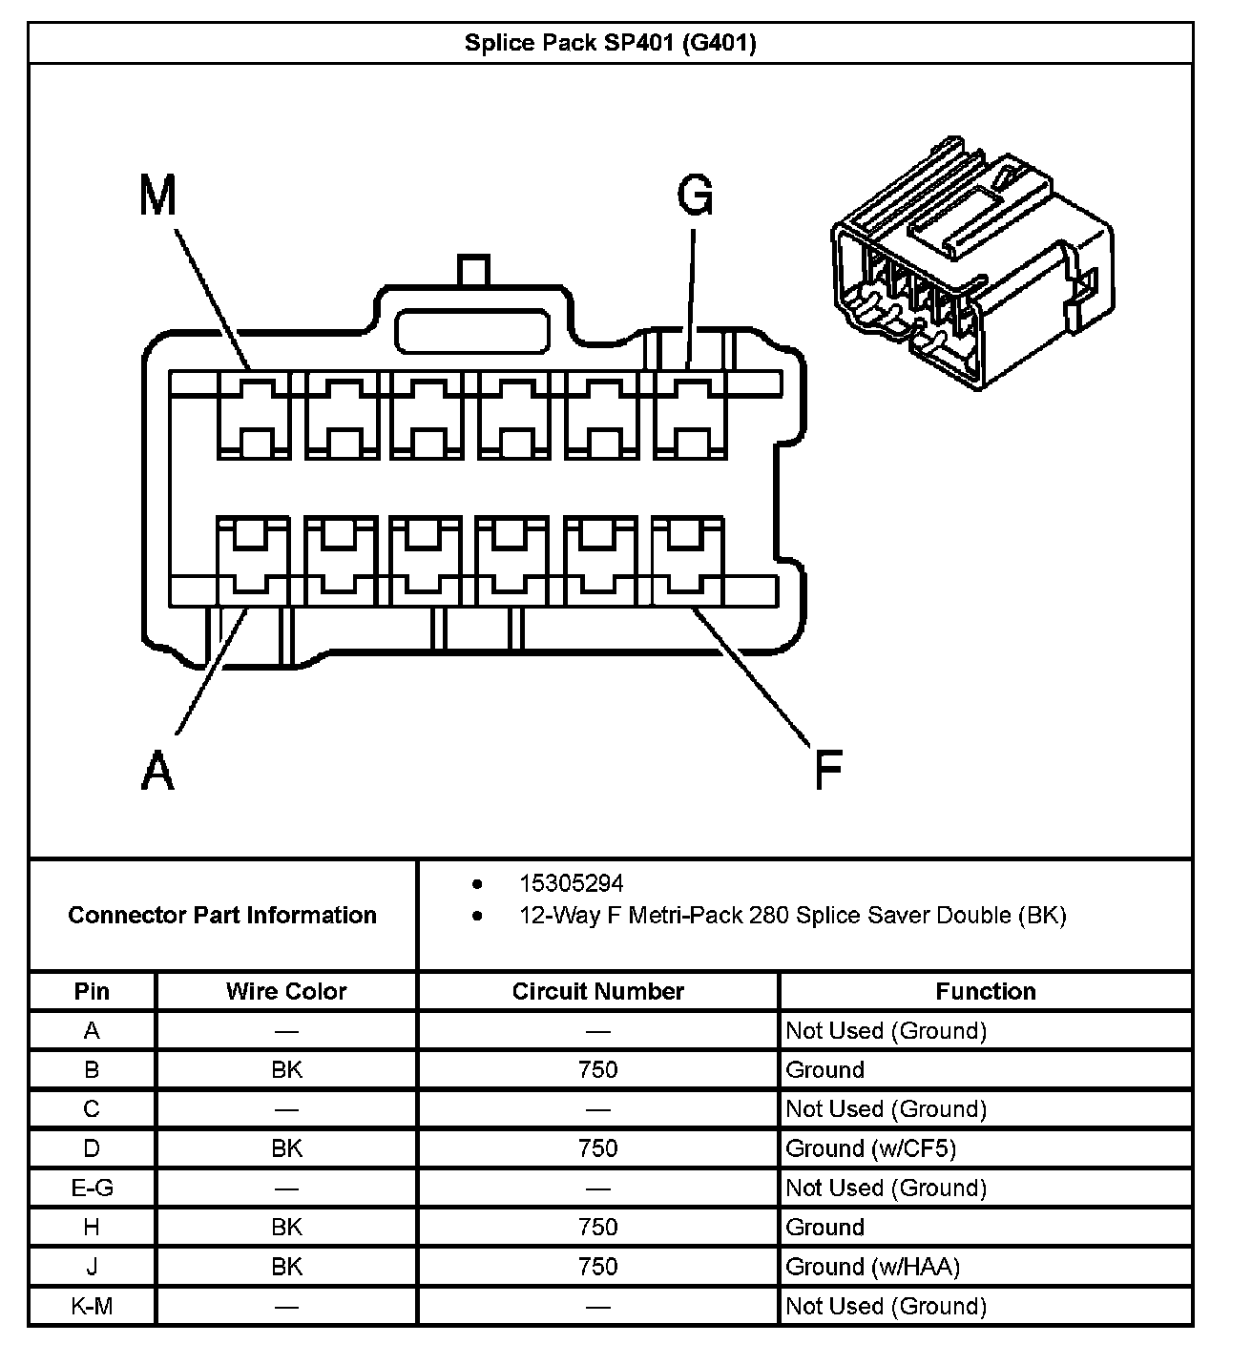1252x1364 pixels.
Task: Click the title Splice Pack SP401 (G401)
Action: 610,43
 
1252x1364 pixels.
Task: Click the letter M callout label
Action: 158,196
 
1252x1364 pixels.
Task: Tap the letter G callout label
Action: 695,196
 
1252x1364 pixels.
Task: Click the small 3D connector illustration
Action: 971,262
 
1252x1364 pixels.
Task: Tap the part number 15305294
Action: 571,883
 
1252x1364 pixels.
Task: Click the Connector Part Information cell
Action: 222,915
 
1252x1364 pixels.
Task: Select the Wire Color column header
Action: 286,991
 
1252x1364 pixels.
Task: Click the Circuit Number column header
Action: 598,991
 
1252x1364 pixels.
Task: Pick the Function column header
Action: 985,991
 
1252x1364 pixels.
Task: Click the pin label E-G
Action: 92,1188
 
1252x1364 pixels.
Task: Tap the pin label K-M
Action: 92,1306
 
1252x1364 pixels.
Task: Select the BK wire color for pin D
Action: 286,1148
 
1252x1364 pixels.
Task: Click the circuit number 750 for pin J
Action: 598,1267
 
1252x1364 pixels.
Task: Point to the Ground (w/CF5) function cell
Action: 870,1148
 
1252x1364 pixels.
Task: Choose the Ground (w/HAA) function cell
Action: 872,1267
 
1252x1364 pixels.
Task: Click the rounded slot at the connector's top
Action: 473,331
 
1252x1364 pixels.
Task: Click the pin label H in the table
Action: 92,1228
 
